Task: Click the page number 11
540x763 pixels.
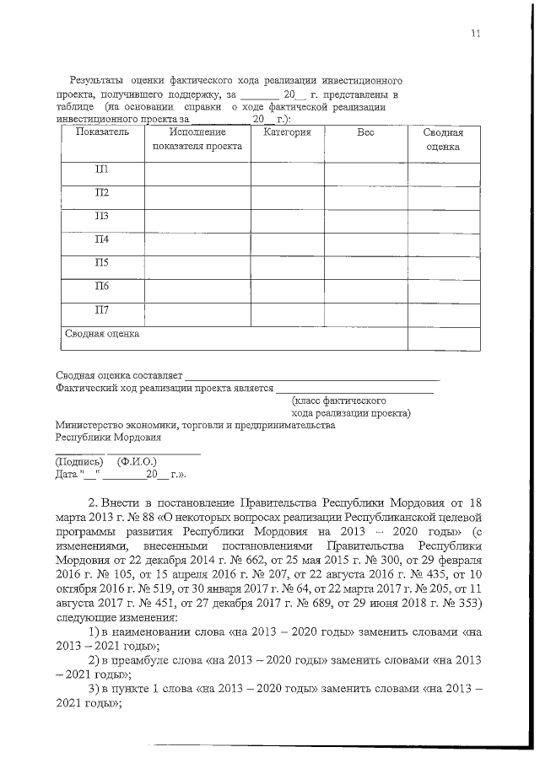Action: point(476,33)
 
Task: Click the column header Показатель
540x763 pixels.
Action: point(101,132)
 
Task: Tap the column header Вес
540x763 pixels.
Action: point(365,132)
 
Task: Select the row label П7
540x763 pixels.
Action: point(101,309)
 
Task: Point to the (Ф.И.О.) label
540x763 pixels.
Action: point(138,462)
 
